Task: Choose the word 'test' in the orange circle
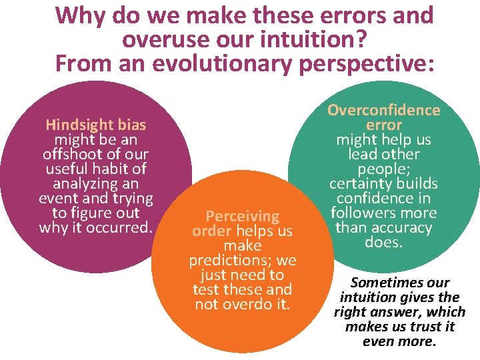click(x=206, y=289)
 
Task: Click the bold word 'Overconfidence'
click(x=383, y=110)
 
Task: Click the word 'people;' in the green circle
click(x=383, y=169)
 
